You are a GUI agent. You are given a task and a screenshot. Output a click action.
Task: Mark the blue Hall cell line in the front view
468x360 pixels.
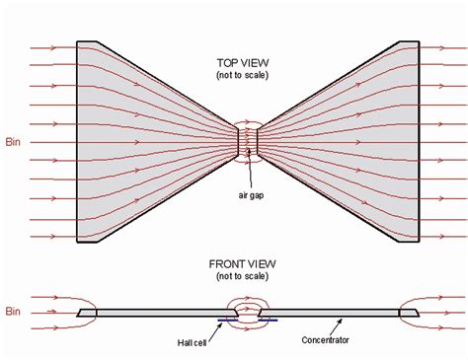(246, 320)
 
